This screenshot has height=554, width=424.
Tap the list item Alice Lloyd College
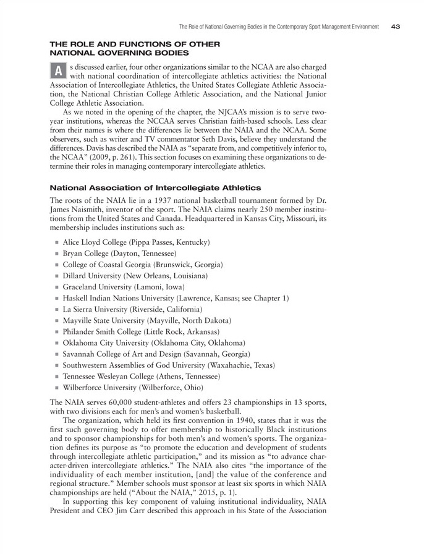tap(136, 242)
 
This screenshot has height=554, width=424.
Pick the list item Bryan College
tap(120, 253)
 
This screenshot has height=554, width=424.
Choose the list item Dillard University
tap(135, 275)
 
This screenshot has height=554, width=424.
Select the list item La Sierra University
tap(132, 309)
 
